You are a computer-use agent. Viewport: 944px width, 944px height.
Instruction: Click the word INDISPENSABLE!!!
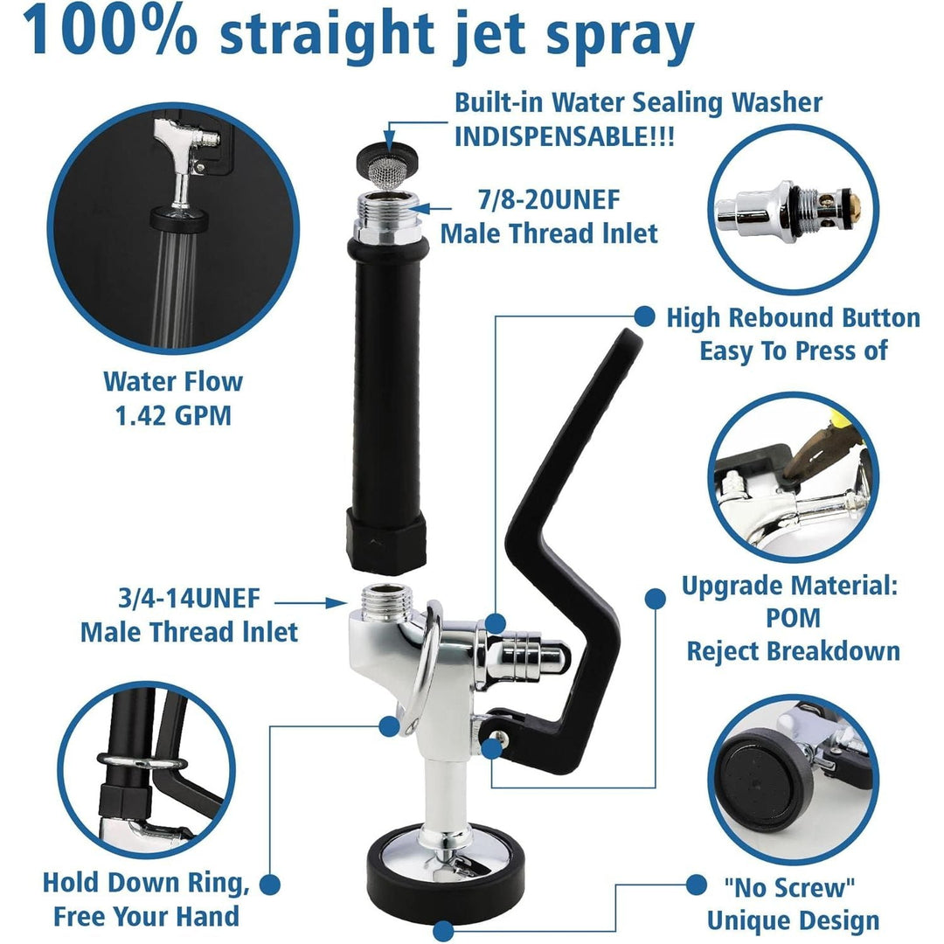pos(564,138)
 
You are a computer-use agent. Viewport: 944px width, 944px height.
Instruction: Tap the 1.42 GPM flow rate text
pos(173,414)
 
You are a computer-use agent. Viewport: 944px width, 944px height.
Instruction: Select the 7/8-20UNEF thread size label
pos(548,200)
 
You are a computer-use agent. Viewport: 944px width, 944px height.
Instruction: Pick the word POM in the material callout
pos(794,617)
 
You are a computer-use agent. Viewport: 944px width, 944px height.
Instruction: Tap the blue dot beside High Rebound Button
pos(645,316)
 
